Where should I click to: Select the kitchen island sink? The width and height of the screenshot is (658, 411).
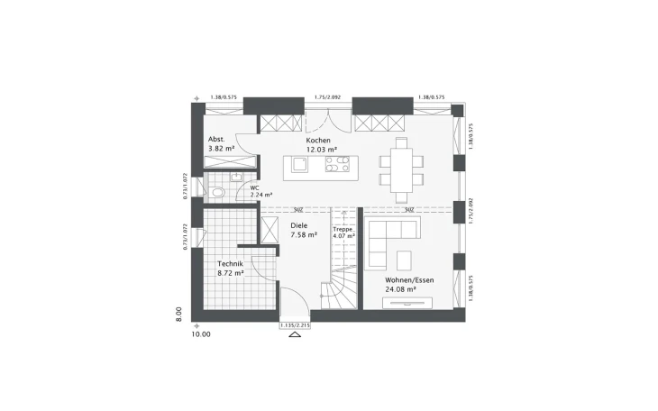(x=298, y=165)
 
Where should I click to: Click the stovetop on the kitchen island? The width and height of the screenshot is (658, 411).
(x=337, y=165)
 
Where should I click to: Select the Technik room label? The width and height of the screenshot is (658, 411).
(x=230, y=264)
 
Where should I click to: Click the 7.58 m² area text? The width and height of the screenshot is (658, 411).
(x=304, y=234)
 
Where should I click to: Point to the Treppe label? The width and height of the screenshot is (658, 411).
(x=343, y=230)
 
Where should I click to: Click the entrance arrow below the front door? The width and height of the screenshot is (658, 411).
(x=294, y=335)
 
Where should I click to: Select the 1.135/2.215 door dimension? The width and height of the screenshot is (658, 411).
(x=294, y=324)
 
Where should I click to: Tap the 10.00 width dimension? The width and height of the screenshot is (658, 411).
(x=200, y=334)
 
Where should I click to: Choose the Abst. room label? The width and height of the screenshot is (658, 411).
(x=215, y=139)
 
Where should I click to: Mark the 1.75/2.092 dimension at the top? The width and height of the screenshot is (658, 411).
(x=327, y=96)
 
